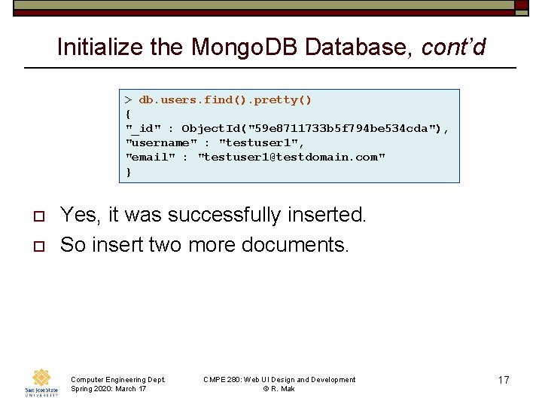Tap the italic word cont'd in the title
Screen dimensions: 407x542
click(453, 47)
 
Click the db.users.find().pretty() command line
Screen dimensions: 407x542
click(225, 99)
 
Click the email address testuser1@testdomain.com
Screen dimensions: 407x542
click(291, 157)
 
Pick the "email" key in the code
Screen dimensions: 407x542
click(151, 157)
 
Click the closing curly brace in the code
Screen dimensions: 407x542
click(129, 172)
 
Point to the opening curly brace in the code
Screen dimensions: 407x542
click(129, 114)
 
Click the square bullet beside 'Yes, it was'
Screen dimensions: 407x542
click(38, 216)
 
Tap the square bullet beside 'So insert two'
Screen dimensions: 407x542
click(38, 246)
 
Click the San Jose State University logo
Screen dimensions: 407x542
click(42, 383)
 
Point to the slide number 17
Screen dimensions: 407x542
click(504, 381)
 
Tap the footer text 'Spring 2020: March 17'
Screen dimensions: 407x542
click(108, 389)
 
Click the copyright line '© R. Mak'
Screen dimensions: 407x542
click(279, 389)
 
